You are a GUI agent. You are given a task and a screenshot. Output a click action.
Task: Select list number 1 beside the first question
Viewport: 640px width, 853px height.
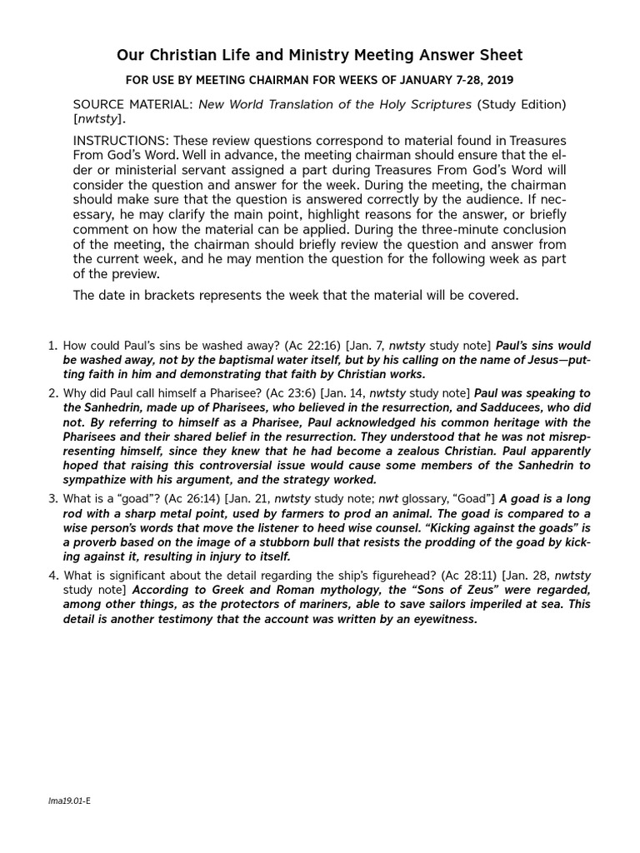(52, 345)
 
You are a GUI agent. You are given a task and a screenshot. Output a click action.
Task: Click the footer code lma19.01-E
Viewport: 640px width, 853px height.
(69, 801)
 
